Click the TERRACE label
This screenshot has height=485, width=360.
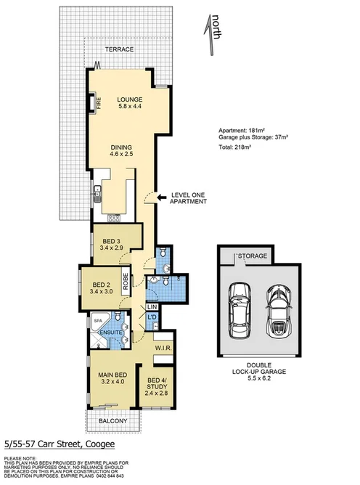119,49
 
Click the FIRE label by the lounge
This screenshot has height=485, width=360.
94,104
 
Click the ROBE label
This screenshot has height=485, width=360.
126,280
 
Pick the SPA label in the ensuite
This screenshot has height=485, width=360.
97,319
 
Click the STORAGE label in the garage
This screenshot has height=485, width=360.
254,256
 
